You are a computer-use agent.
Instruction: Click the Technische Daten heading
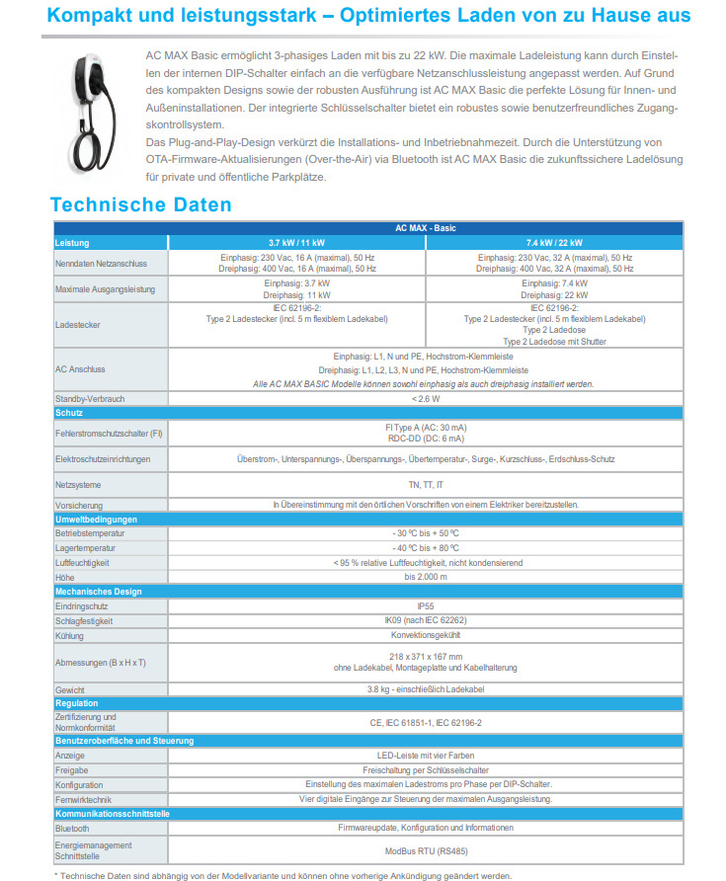click(x=140, y=205)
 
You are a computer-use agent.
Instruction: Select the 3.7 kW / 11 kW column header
click(x=297, y=242)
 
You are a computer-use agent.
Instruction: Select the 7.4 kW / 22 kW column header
click(x=552, y=242)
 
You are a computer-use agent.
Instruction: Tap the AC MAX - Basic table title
click(x=426, y=228)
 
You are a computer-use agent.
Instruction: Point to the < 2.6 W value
click(x=426, y=398)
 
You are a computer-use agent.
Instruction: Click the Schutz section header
click(x=70, y=412)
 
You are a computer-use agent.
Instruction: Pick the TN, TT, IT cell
click(x=426, y=485)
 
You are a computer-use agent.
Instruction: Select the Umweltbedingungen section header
click(x=97, y=519)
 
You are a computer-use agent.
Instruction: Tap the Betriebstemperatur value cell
click(x=426, y=532)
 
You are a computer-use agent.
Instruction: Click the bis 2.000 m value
click(x=426, y=577)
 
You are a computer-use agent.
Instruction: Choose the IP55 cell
click(x=426, y=605)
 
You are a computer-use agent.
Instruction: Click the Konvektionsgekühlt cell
click(x=426, y=636)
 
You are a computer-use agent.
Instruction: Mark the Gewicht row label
click(x=70, y=688)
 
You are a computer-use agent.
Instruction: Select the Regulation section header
click(x=77, y=703)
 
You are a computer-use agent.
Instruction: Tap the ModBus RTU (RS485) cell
click(x=426, y=849)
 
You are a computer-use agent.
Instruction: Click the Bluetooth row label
click(x=73, y=828)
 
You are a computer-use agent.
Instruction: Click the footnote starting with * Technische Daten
click(x=283, y=875)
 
